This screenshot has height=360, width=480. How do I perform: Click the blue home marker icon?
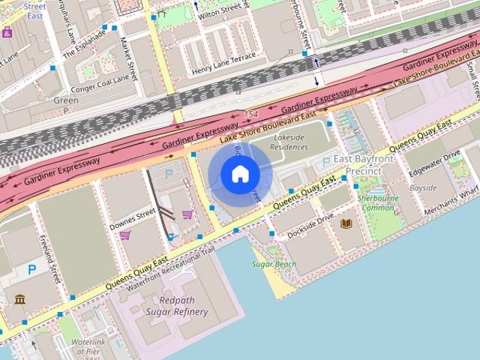(239, 174)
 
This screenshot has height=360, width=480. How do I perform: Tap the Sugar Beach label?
(274, 264)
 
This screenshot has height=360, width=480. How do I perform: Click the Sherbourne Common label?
(377, 202)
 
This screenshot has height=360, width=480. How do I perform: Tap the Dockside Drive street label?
(310, 227)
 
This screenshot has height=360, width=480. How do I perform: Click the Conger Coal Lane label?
(102, 84)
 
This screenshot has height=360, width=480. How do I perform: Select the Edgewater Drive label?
(435, 165)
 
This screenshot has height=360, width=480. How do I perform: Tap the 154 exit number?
(250, 112)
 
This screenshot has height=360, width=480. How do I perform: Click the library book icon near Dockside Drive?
(346, 223)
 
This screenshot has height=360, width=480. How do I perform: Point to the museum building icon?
(19, 300)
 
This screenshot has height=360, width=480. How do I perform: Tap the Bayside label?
(423, 187)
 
